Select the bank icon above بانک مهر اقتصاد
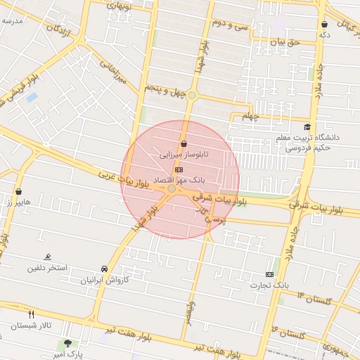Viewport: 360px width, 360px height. pyautogui.click(x=179, y=169)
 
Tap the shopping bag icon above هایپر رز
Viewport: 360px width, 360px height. pyautogui.click(x=18, y=191)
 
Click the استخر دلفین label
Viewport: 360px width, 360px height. pyautogui.click(x=47, y=267)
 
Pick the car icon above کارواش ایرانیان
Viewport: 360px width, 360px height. pyautogui.click(x=105, y=269)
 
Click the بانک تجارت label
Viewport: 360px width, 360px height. pyautogui.click(x=269, y=285)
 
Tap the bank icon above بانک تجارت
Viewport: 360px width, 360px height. pyautogui.click(x=270, y=274)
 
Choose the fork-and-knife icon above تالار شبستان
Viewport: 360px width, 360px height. pyautogui.click(x=31, y=314)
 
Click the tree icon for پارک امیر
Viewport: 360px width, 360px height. pyautogui.click(x=67, y=344)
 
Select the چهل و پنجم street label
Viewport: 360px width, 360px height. pyautogui.click(x=165, y=89)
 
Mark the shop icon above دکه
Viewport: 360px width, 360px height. pyautogui.click(x=324, y=24)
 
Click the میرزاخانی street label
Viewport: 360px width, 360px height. pyautogui.click(x=112, y=72)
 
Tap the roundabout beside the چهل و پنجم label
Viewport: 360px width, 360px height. pyautogui.click(x=191, y=95)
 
